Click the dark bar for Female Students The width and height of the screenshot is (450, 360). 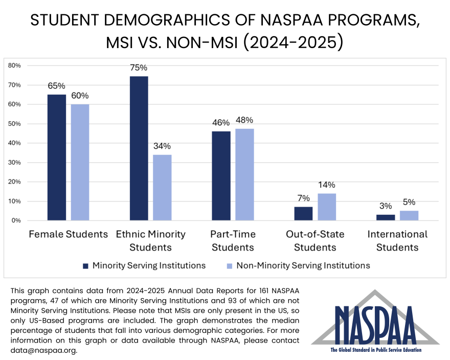click(x=57, y=157)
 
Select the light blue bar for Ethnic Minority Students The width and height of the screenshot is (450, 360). click(x=162, y=188)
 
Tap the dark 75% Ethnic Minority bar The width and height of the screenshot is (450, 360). click(x=139, y=148)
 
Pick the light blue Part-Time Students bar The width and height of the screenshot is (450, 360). click(x=244, y=174)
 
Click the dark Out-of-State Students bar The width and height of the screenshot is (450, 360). click(x=303, y=214)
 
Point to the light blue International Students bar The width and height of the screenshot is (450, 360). click(x=409, y=216)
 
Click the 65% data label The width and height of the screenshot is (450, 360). click(x=57, y=86)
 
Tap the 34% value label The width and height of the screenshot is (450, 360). click(x=162, y=146)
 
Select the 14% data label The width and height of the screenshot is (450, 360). click(x=327, y=185)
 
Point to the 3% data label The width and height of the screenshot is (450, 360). click(x=386, y=206)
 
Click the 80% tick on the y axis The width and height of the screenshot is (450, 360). click(x=14, y=65)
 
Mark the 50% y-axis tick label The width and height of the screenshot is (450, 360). click(x=14, y=124)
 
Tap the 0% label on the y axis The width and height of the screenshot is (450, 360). click(x=15, y=220)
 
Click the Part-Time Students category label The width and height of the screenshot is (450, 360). click(x=232, y=241)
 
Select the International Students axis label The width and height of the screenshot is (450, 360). click(x=397, y=241)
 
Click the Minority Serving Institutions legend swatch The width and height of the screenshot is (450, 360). click(x=86, y=266)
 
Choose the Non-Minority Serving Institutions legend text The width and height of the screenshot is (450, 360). click(x=303, y=265)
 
